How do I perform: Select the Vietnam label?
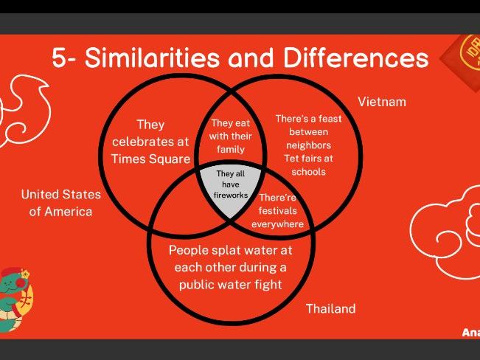(x=381, y=102)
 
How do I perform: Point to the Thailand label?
(x=330, y=308)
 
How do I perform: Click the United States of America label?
(x=60, y=203)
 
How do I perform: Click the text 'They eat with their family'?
(x=232, y=136)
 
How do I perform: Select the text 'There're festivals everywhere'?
(x=277, y=211)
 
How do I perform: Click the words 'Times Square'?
(x=150, y=158)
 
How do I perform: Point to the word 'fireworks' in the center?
(x=231, y=195)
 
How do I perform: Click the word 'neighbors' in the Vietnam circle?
(x=307, y=145)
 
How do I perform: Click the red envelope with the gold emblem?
(x=462, y=59)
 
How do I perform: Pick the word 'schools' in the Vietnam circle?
(x=308, y=171)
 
